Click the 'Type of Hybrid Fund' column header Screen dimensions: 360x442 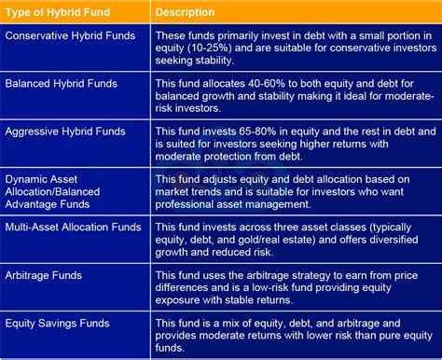[x=56, y=13]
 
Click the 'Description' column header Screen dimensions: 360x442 [x=186, y=13]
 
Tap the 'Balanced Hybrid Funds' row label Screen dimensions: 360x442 [x=62, y=83]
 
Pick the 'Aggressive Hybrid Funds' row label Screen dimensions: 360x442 [x=65, y=132]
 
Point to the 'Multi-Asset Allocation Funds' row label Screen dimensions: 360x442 [x=74, y=226]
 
